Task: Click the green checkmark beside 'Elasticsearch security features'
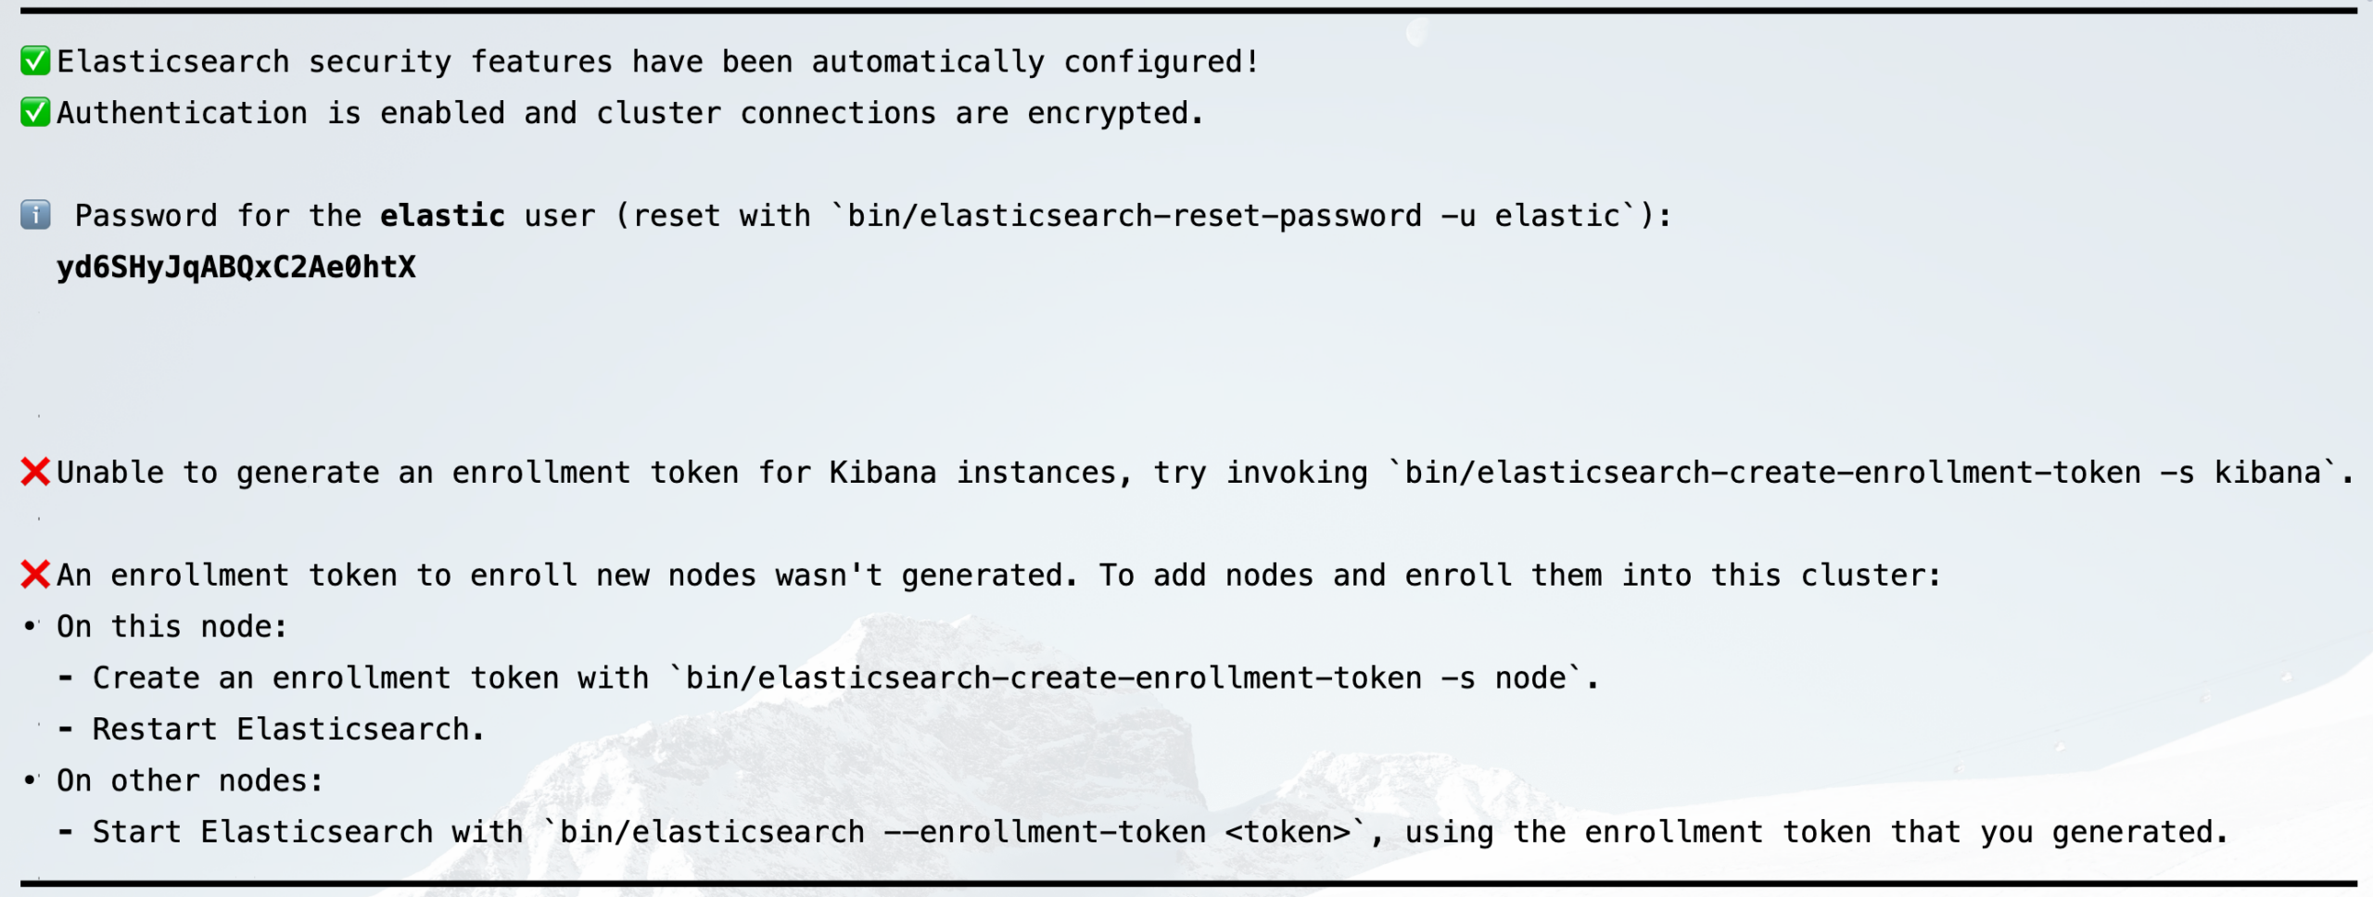35,61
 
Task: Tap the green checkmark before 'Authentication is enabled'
35,112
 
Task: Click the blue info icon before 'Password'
35,215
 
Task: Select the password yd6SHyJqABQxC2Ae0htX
236,267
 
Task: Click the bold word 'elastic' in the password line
443,215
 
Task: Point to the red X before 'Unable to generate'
35,472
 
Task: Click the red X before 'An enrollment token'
35,575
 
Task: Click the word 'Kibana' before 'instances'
882,473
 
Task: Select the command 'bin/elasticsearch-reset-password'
1135,216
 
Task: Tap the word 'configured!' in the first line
1161,62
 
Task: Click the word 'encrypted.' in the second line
1115,113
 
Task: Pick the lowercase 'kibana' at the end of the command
2267,473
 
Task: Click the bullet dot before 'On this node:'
31,626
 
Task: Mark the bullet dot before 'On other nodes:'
31,780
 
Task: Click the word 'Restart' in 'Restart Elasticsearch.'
155,729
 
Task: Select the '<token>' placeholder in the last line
1288,832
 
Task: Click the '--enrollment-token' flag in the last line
1045,832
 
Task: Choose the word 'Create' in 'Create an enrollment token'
146,678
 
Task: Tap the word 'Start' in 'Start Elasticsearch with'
137,832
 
